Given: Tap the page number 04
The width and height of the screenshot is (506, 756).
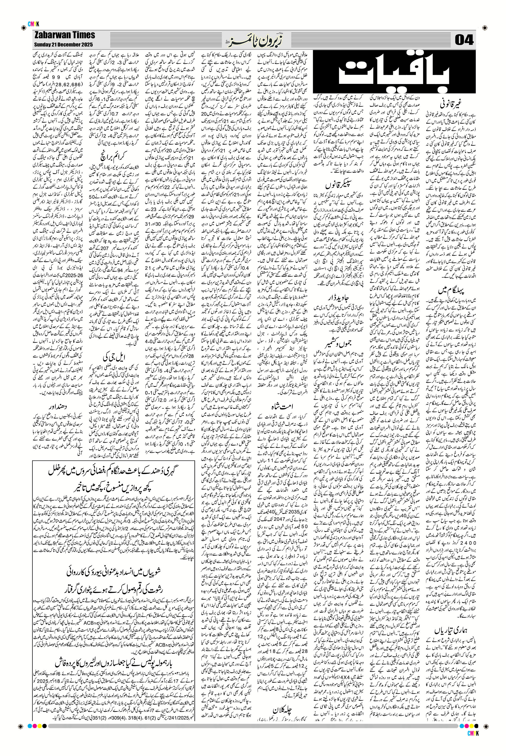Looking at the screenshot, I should (x=464, y=40).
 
